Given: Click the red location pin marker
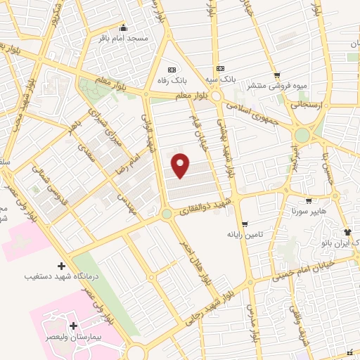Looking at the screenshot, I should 181,165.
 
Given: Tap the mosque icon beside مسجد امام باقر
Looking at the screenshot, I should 123,27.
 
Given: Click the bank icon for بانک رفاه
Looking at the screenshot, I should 172,68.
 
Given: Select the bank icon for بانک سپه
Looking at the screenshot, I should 221,68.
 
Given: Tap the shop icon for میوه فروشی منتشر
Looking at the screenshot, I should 278,75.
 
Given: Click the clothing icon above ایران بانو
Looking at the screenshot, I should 347,231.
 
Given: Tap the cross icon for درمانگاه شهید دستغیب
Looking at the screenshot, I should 62,266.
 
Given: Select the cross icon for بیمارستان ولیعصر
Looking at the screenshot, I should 73,326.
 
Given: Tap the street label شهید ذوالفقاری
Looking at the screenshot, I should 204,205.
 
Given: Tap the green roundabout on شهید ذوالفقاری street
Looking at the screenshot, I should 167,214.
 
